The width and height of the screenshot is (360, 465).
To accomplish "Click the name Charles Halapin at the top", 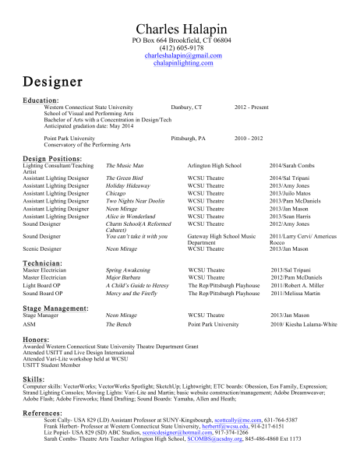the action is [180, 28].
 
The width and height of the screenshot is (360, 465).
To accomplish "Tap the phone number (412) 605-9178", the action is [180, 47].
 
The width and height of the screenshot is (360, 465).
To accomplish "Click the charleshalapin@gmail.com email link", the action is [180, 55].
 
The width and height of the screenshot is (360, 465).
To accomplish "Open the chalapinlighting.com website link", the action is [180, 63].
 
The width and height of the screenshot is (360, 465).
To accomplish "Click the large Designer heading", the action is [53, 81].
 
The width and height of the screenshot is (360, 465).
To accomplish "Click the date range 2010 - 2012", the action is [249, 137].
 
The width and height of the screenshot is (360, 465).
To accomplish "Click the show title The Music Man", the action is [125, 166].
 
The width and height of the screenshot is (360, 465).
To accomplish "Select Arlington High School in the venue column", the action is [214, 166].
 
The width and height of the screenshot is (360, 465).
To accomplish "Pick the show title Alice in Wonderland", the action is [133, 215].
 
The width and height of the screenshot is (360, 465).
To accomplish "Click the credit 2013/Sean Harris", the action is [291, 215].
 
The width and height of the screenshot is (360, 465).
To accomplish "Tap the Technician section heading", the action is [43, 263].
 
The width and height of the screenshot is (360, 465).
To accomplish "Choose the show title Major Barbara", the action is [124, 277].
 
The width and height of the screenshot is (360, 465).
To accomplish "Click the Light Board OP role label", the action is [44, 285].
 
